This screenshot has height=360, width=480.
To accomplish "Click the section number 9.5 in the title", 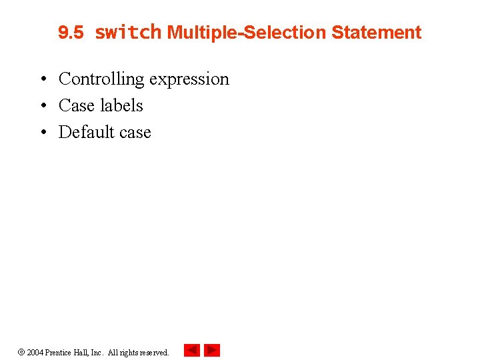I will (x=71, y=33).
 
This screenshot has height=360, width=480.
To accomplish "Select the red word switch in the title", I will (x=128, y=32).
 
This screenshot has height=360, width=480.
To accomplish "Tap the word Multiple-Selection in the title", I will (x=247, y=33).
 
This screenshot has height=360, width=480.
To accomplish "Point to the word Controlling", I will (x=101, y=79).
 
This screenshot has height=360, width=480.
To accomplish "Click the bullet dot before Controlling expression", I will (x=42, y=80).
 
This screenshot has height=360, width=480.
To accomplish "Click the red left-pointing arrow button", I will (x=192, y=350).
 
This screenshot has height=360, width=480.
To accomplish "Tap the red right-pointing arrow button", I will (x=212, y=350).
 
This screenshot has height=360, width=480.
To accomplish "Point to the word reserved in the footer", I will (x=153, y=352).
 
